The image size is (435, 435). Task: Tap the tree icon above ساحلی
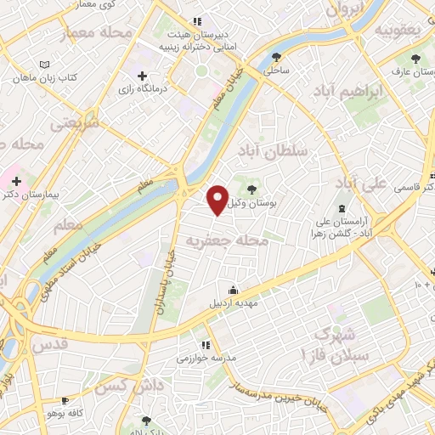pyautogui.click(x=275, y=58)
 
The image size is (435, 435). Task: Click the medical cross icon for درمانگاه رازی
pyautogui.click(x=153, y=77)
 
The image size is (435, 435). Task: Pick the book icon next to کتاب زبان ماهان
pyautogui.click(x=45, y=65)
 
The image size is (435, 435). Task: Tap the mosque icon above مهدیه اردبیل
pyautogui.click(x=233, y=290)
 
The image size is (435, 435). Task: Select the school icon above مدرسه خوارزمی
pyautogui.click(x=204, y=345)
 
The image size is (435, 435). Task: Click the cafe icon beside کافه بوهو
pyautogui.click(x=65, y=398)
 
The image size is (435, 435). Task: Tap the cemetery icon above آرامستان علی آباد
pyautogui.click(x=342, y=209)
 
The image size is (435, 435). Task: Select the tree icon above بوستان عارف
pyautogui.click(x=415, y=59)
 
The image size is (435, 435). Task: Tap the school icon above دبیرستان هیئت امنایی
pyautogui.click(x=197, y=21)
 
